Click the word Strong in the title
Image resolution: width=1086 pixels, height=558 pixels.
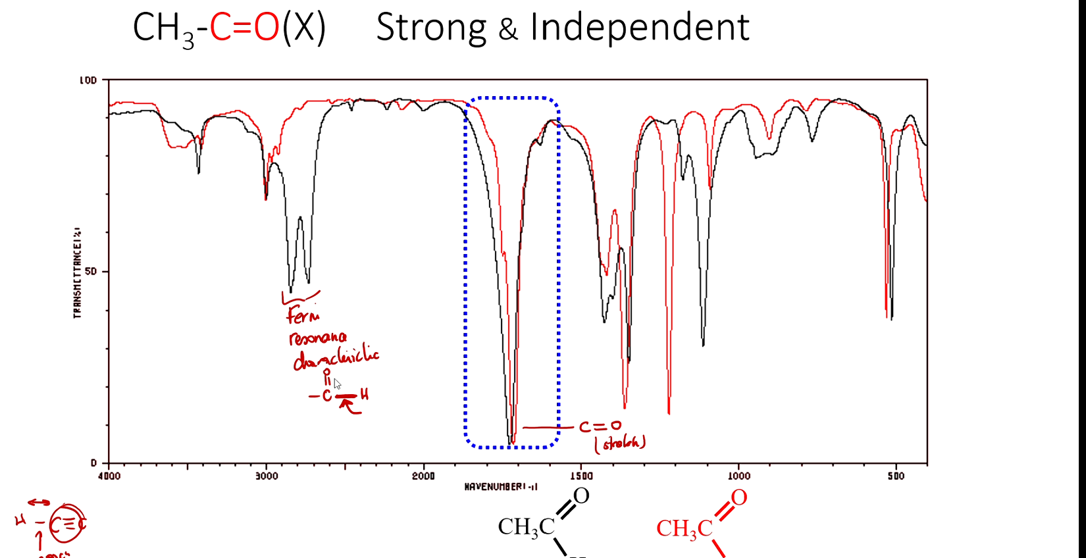coord(430,28)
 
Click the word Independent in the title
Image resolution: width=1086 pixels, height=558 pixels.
coord(639,28)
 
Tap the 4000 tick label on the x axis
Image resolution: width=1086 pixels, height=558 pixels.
coord(109,476)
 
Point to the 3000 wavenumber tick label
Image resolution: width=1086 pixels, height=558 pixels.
coord(267,476)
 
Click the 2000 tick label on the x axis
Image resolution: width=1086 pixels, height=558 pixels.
coord(424,476)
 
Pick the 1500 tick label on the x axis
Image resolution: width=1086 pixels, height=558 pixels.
coord(581,476)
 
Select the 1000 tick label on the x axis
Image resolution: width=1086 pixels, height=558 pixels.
coord(738,476)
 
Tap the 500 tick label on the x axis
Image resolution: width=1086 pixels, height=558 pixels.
coord(896,476)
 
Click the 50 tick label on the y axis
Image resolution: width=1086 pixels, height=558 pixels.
coord(91,272)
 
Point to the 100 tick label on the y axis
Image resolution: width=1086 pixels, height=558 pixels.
coord(88,80)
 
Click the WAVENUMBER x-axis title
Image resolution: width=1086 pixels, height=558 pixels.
coord(501,487)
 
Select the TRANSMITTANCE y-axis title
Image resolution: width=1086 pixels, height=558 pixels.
coord(77,273)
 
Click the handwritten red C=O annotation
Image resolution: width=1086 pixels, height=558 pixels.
coord(600,426)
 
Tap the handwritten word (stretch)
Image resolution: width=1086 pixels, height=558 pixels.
coord(620,443)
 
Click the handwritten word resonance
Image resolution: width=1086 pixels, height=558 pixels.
coord(318,338)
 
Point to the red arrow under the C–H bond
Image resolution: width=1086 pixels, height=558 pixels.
coord(349,406)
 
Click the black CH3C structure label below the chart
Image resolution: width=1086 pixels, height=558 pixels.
coord(526,527)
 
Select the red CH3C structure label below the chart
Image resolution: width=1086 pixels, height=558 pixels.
coord(684,528)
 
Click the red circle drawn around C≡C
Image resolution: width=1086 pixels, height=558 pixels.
coord(67,524)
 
